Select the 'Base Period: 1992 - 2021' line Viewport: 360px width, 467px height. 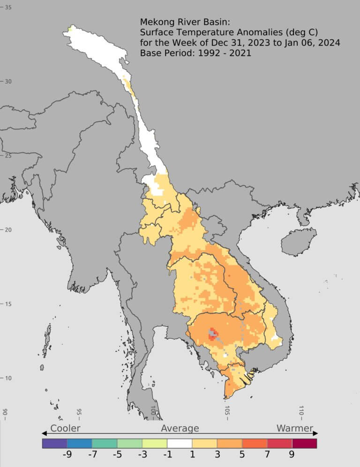coord(195,53)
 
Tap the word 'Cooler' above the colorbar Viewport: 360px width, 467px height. coord(65,428)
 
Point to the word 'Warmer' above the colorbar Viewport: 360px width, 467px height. coord(294,428)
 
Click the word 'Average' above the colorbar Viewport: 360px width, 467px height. coord(180,428)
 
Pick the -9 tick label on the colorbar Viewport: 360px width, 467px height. coord(67,454)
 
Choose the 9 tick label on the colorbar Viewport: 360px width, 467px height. coord(292,454)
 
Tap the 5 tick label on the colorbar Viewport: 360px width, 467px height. coord(242,454)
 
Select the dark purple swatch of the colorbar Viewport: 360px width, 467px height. coord(54,443)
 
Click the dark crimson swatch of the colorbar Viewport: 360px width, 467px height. coord(304,443)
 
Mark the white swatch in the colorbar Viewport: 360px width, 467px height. coord(180,443)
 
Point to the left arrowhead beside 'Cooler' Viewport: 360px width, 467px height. coord(44,433)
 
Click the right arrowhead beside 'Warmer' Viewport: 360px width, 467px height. coord(316,433)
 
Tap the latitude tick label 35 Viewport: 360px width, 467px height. coord(8,8)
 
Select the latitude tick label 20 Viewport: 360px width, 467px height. coord(8,230)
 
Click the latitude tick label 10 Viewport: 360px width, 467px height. coord(8,378)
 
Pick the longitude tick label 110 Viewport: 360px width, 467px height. coord(301,412)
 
